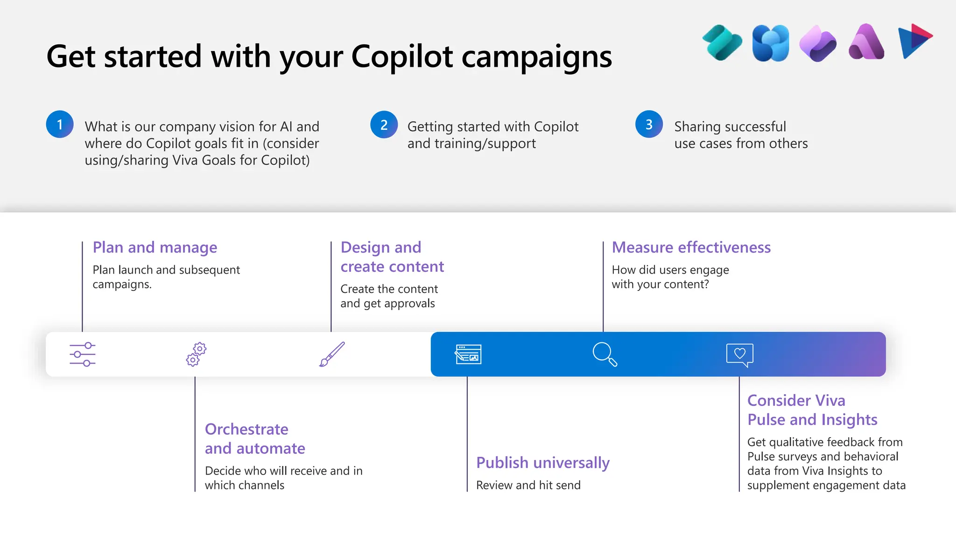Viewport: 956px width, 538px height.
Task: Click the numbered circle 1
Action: [x=60, y=124]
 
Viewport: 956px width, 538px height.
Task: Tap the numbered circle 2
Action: [x=384, y=124]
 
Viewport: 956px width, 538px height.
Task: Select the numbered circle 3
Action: [x=649, y=124]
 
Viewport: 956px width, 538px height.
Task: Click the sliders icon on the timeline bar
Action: [x=83, y=354]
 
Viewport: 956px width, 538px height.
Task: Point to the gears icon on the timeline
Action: [x=196, y=354]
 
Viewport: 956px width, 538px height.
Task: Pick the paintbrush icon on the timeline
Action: [x=332, y=354]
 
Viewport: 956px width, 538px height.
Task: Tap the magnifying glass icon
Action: [x=605, y=354]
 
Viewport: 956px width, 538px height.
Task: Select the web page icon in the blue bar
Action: [x=468, y=354]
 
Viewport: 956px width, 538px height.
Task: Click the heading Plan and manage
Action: [x=155, y=248]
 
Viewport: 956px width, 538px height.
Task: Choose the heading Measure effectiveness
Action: [x=691, y=248]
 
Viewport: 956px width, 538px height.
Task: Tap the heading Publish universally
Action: [x=542, y=463]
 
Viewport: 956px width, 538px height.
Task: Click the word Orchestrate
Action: [x=246, y=429]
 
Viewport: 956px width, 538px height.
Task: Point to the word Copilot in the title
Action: [x=402, y=57]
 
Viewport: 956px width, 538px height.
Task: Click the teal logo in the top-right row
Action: [x=722, y=42]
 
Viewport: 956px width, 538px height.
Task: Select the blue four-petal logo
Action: [x=771, y=43]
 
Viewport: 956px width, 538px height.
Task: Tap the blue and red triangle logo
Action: [x=914, y=41]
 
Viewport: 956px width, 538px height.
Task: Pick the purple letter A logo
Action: [x=866, y=42]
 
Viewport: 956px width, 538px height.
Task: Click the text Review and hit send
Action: [x=528, y=485]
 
